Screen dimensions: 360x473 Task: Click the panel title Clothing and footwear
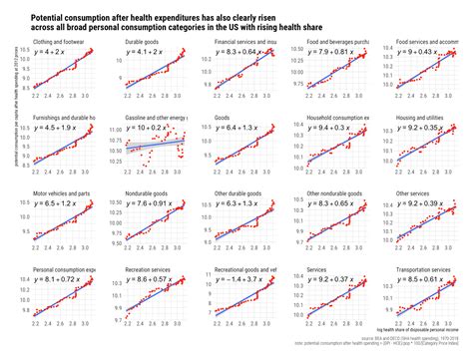coord(58,44)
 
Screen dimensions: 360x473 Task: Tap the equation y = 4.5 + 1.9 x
coord(62,129)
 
